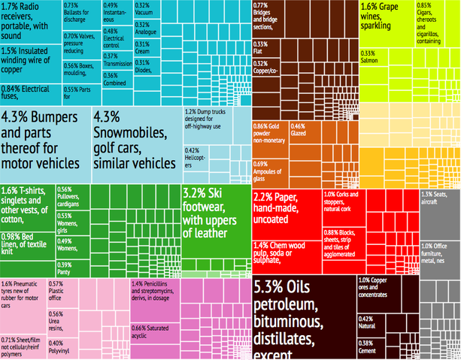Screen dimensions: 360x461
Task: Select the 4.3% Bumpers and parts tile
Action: coord(45,143)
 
